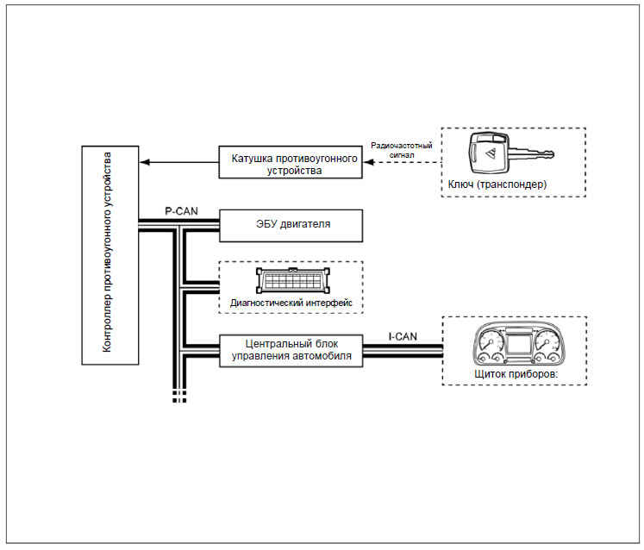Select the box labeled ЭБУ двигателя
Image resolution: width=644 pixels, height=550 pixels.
click(x=289, y=226)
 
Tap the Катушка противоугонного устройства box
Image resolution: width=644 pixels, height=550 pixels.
click(x=289, y=163)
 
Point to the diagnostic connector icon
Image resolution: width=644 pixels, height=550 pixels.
click(x=291, y=281)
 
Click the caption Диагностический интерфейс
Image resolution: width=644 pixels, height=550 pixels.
click(x=291, y=303)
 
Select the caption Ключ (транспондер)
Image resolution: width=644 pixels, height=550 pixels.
click(x=497, y=184)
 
